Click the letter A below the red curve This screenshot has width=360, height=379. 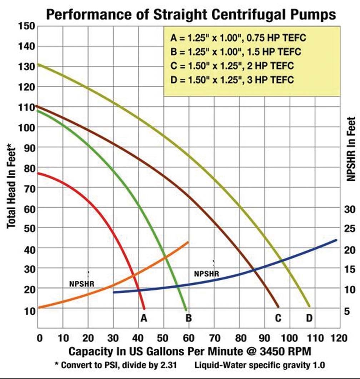click(144, 318)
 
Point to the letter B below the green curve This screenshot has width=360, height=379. click(189, 318)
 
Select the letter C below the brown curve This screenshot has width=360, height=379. click(278, 318)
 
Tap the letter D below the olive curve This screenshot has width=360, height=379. click(309, 318)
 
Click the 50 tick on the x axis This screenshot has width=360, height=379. click(164, 338)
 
